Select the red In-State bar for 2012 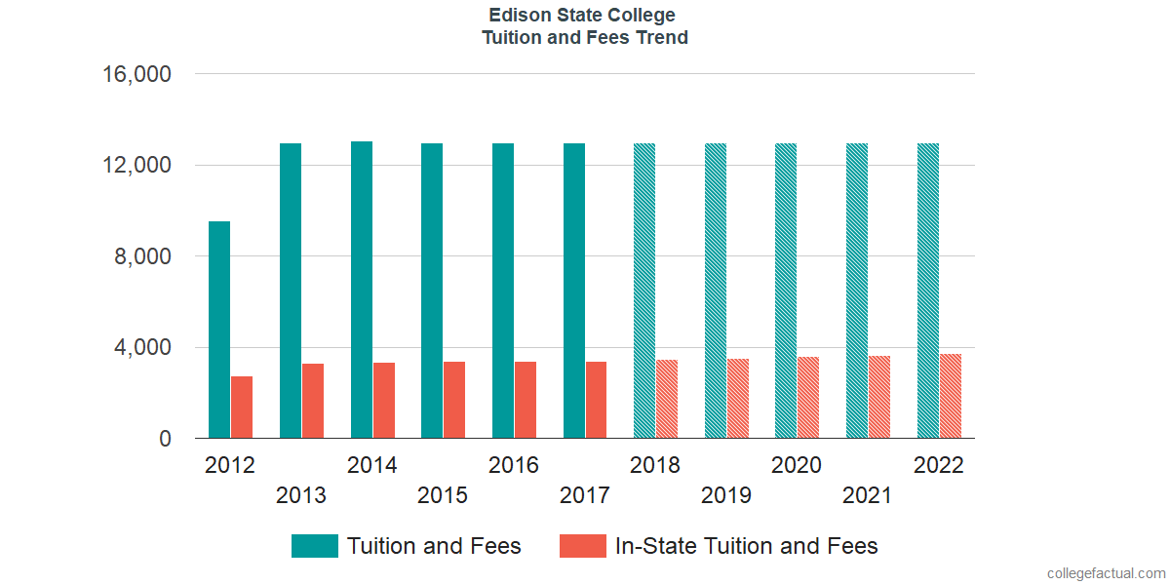[x=242, y=408]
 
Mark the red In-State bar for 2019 [x=738, y=399]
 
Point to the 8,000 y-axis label [x=144, y=256]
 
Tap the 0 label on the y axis [x=165, y=439]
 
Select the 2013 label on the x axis [x=301, y=495]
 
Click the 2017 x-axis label [x=585, y=495]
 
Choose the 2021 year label [x=868, y=495]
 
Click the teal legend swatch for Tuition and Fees [x=315, y=546]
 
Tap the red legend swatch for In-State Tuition [x=582, y=546]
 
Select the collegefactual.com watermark [x=1106, y=573]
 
